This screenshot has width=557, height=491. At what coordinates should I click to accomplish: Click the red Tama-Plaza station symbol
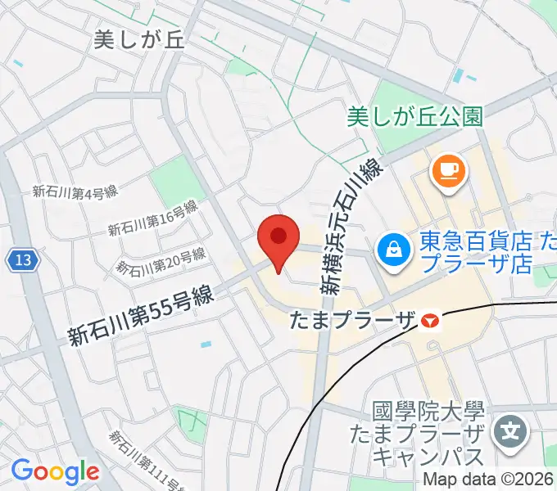[x=428, y=321]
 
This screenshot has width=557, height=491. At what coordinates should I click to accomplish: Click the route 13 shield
[x=24, y=261]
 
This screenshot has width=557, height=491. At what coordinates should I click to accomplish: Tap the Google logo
[x=55, y=471]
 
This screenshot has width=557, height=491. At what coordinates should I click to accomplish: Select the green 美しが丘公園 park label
[x=414, y=117]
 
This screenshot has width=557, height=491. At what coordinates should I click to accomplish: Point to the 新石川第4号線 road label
[x=75, y=192]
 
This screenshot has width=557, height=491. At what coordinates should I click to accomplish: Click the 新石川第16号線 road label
[x=154, y=218]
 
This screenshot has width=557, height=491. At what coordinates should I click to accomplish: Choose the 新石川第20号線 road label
[x=160, y=261]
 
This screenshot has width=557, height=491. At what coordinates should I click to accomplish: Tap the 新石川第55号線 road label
[x=140, y=315]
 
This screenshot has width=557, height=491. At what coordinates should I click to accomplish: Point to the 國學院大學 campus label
[x=418, y=412]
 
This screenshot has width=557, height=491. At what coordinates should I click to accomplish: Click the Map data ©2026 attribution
[x=488, y=481]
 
